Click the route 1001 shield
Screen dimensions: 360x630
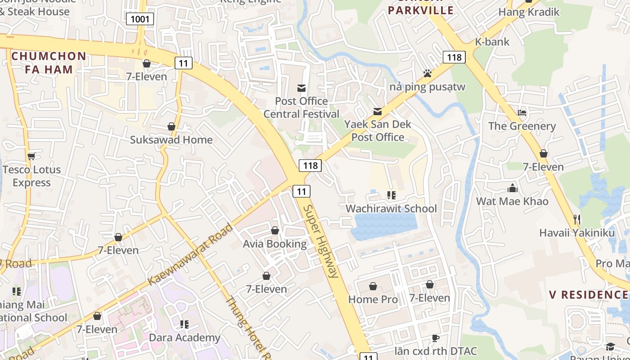pos(140,19)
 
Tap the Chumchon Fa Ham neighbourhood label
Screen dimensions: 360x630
pos(49,63)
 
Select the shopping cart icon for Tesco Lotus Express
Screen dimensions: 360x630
pos(31,156)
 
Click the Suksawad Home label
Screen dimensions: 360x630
pos(171,139)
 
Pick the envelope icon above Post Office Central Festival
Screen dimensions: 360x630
pos(301,88)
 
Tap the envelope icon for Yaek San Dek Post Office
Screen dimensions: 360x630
pos(378,111)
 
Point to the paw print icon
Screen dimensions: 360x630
pos(427,73)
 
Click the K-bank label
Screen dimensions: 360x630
pos(492,42)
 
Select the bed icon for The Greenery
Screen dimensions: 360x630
pos(522,112)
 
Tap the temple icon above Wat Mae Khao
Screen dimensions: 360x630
pos(512,188)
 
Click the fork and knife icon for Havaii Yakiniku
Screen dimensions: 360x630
pos(577,220)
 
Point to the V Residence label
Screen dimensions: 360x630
pos(588,295)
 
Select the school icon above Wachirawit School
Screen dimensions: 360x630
pos(391,195)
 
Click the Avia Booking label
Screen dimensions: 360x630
pos(274,244)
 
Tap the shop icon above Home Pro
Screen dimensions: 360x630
pos(373,286)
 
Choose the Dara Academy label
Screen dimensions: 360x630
pos(184,337)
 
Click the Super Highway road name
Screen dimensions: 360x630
pos(320,241)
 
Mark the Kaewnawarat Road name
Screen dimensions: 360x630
pos(191,254)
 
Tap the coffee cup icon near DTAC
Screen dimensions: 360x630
pos(435,338)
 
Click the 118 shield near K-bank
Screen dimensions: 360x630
pos(454,57)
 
